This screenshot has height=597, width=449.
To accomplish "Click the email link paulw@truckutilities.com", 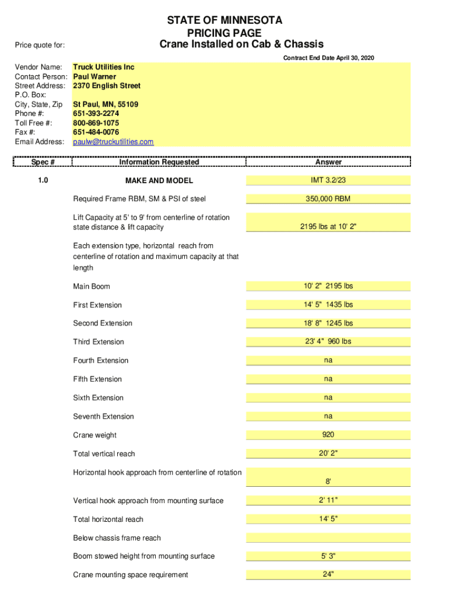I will (113, 142).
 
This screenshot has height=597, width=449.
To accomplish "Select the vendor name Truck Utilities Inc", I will (103, 67).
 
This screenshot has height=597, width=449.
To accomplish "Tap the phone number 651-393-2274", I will (96, 114).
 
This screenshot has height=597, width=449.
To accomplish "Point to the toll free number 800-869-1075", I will (96, 123).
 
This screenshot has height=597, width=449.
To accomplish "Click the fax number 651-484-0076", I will (96, 132).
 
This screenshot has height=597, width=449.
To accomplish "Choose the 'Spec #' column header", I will (43, 162).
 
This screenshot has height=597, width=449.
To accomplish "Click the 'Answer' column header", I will (328, 162).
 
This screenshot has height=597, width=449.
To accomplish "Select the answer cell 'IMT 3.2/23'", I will (328, 181).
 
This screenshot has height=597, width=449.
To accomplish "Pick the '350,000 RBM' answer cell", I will (328, 199).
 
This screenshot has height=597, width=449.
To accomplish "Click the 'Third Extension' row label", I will (99, 342).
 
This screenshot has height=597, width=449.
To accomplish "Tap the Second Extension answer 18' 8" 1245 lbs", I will (328, 323).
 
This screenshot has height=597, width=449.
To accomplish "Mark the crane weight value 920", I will (328, 435).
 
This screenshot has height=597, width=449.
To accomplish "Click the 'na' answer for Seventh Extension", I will (328, 416).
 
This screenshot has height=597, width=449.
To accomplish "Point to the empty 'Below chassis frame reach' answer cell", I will (328, 538).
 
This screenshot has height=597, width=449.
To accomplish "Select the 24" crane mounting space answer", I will (328, 574).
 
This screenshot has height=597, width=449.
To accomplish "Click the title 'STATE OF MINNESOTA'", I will (224, 20).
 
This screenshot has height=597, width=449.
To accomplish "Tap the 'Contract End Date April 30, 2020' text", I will (328, 58).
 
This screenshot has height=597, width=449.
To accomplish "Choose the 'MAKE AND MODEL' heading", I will (159, 181).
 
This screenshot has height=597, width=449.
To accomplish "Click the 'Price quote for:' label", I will (40, 45).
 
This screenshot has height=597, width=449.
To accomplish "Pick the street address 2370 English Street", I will (107, 86).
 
